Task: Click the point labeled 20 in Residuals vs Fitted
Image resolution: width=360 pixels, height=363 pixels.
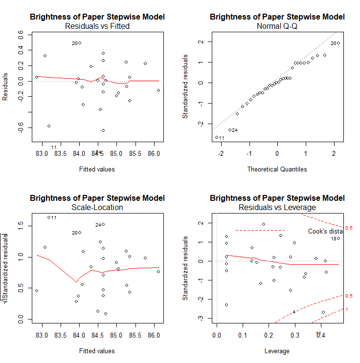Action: click(x=80, y=43)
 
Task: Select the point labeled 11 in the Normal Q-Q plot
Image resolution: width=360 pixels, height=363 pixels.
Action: click(x=217, y=137)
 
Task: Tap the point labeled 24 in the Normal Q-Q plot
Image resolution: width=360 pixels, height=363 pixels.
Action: click(x=230, y=130)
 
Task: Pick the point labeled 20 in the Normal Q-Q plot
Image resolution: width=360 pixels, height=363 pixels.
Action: click(x=338, y=43)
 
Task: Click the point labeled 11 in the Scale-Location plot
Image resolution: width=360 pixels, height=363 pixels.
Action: click(x=49, y=217)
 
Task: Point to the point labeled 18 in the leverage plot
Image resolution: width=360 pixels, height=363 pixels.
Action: click(x=338, y=238)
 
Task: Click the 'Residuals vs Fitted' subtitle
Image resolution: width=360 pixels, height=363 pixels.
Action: click(x=97, y=26)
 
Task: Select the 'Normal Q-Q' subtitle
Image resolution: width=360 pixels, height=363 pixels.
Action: click(x=277, y=26)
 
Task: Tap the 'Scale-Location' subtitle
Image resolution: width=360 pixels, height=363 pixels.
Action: click(x=97, y=207)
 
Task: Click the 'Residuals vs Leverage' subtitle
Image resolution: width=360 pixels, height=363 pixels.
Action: click(x=277, y=207)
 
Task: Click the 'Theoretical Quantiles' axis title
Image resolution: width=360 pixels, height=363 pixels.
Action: click(x=277, y=169)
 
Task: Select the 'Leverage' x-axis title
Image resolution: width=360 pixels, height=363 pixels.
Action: click(x=277, y=351)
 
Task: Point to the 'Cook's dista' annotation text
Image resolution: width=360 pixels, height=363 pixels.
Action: click(x=325, y=231)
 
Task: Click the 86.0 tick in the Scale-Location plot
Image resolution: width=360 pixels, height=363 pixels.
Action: click(x=154, y=336)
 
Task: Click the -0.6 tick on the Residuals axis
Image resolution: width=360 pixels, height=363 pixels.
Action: click(x=21, y=128)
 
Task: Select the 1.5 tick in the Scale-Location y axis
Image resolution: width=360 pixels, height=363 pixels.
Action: click(x=21, y=224)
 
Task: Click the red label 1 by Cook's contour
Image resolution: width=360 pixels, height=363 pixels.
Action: click(x=347, y=309)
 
